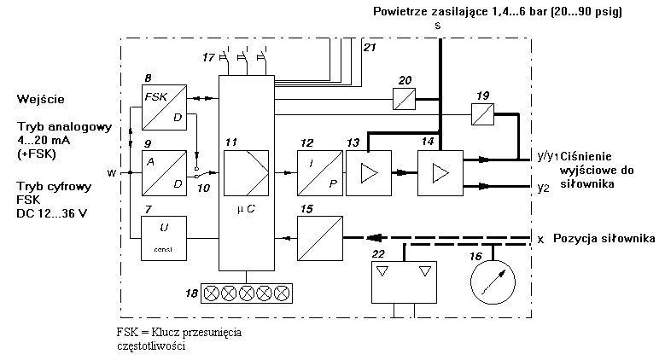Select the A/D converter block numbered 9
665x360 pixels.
click(164, 171)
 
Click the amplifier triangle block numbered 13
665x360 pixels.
click(366, 173)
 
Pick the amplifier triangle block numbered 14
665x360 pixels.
click(438, 173)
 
